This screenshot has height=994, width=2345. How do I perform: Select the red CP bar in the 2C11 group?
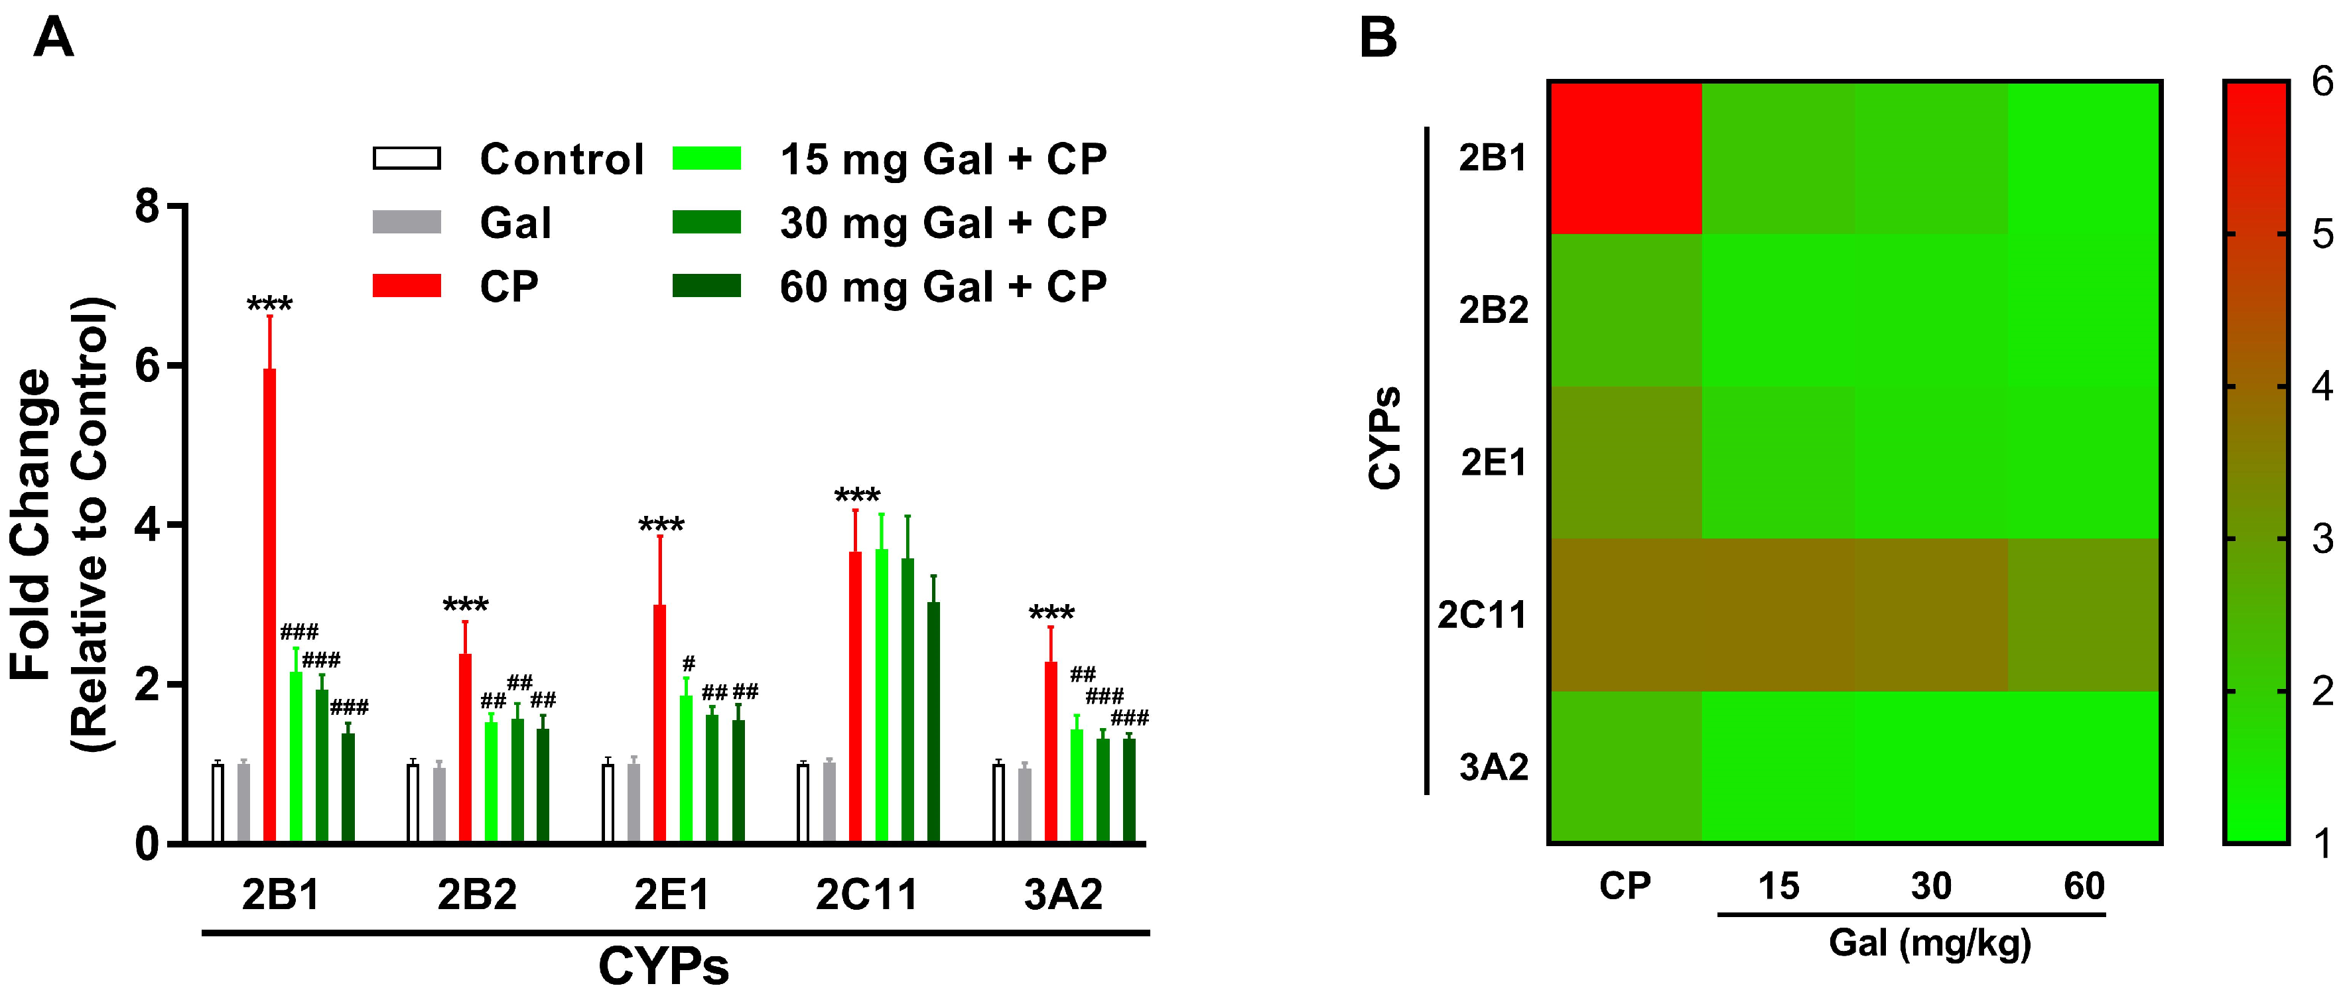(x=855, y=696)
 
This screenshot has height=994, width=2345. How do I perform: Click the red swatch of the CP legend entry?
(x=407, y=286)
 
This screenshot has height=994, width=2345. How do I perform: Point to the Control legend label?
(x=562, y=159)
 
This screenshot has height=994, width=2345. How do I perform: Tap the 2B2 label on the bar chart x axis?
(x=476, y=895)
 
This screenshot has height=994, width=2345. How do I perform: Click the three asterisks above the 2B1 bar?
(x=269, y=303)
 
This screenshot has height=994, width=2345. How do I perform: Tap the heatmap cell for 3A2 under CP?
(x=1626, y=767)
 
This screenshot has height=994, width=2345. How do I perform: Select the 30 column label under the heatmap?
(x=1931, y=886)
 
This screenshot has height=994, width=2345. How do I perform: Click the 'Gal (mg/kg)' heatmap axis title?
(x=1930, y=942)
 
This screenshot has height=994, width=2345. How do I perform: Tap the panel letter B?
(x=1378, y=39)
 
